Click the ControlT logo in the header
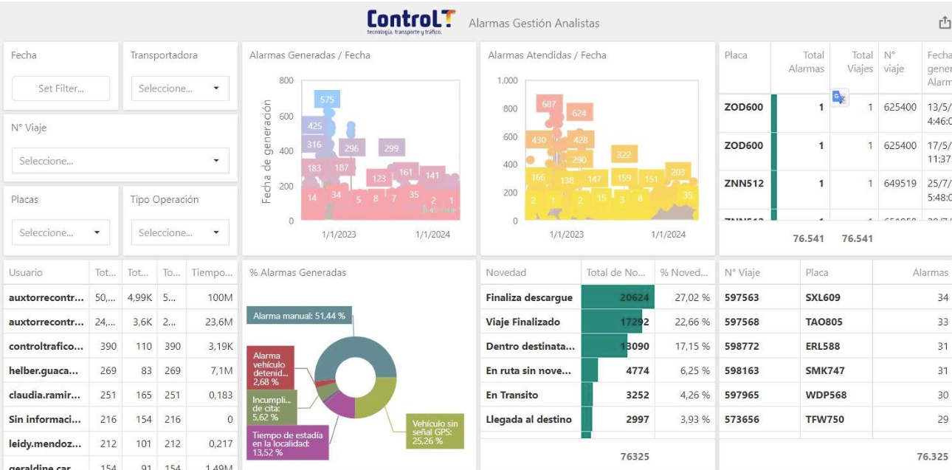coord(411,21)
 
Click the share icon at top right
coord(944,23)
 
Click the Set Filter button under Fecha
coord(61,89)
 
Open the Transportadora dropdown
coord(180,89)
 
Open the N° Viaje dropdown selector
coord(120,161)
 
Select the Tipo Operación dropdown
coord(180,232)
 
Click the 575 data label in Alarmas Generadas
coord(326,100)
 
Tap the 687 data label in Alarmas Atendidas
coord(548,105)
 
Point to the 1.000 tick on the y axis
coord(507,80)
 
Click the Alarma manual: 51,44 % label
coord(299,316)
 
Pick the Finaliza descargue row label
coord(528,297)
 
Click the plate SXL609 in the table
coord(823,297)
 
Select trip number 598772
coord(742,346)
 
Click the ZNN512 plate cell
coord(744,184)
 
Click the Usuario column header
coord(26,273)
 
